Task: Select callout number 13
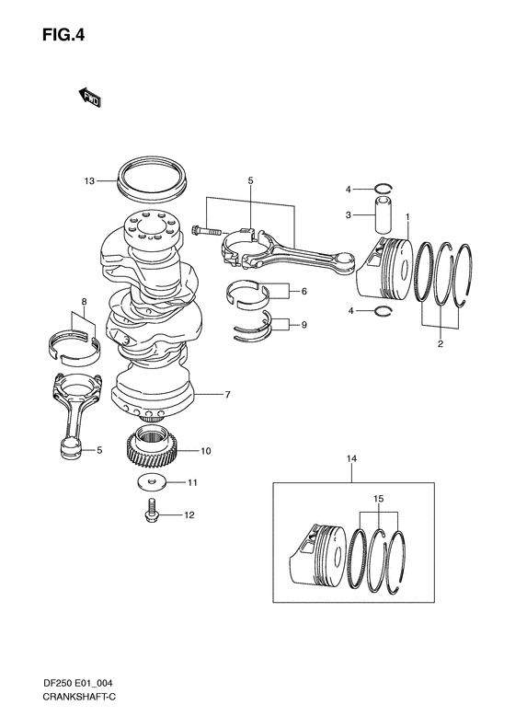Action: coord(89,181)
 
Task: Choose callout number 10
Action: coord(206,451)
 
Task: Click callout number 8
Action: coord(83,302)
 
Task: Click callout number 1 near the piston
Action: coord(408,217)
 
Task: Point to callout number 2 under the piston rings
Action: coord(440,344)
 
